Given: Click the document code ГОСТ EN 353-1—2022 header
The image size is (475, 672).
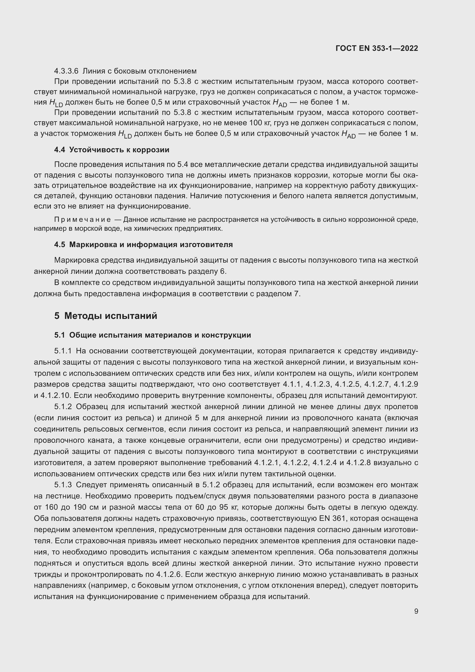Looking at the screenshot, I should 377,48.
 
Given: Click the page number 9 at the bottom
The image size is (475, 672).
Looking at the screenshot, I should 416,611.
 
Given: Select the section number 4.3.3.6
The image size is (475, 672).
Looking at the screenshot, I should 66,71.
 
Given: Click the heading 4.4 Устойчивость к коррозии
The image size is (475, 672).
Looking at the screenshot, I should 111,150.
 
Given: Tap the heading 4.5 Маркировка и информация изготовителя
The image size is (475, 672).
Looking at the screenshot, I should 143,244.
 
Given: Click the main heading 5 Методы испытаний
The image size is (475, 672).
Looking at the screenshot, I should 106,316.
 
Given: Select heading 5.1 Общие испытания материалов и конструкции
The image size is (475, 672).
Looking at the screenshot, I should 152,335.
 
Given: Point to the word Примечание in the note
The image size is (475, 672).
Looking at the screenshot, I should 82,219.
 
